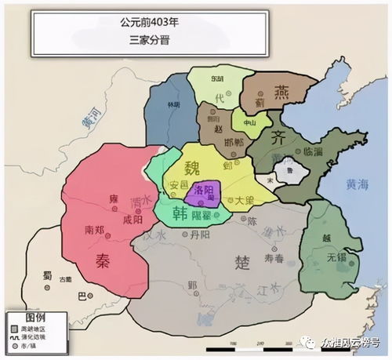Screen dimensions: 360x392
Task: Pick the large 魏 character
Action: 192,169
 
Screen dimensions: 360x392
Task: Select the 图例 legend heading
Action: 24,307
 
